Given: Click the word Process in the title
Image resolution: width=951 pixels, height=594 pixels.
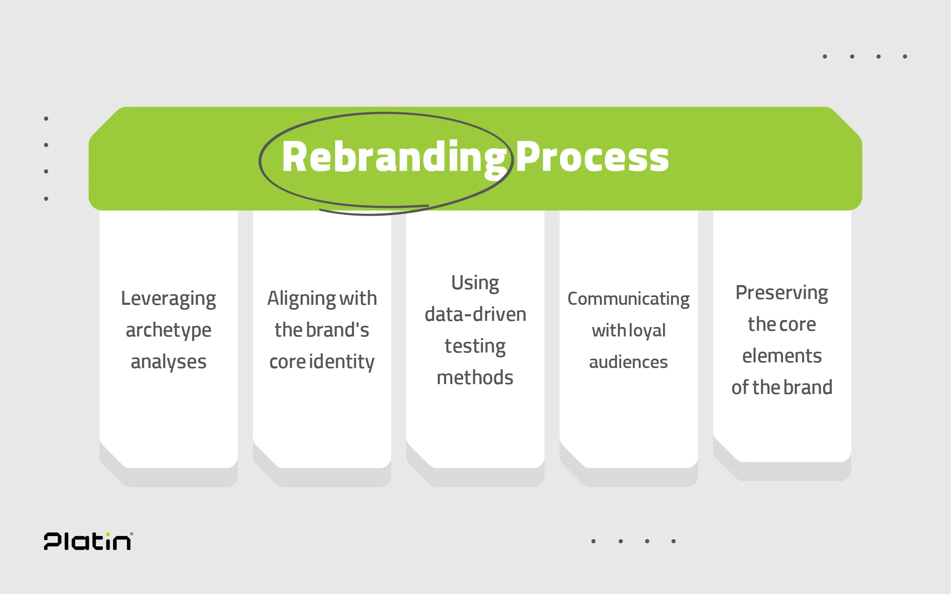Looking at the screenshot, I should click(x=592, y=157).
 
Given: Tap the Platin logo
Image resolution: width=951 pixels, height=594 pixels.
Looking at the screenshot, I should click(x=88, y=541).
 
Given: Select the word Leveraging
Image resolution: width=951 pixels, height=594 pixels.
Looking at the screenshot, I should click(x=168, y=299).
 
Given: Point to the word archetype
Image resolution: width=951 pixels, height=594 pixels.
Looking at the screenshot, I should click(x=168, y=331).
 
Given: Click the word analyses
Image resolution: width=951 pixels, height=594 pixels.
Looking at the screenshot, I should click(x=168, y=362).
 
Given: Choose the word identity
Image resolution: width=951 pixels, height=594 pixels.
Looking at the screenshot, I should click(x=341, y=362).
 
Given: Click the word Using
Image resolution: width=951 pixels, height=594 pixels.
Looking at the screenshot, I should click(x=475, y=283).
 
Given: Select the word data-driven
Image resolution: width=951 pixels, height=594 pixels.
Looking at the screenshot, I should click(x=475, y=315).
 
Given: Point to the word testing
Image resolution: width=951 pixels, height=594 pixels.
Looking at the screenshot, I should click(x=475, y=346).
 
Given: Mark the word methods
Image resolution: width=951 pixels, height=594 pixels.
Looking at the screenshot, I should click(x=475, y=378).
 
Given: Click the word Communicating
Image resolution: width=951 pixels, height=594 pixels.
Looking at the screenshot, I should click(x=628, y=299).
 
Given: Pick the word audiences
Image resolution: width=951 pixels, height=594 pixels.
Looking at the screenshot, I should click(x=628, y=362).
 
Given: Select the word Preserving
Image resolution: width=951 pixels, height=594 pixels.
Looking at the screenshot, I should click(x=781, y=293).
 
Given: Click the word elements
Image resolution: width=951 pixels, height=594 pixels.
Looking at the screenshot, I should click(x=781, y=356).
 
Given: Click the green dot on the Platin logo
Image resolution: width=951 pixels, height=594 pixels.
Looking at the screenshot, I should click(x=108, y=534).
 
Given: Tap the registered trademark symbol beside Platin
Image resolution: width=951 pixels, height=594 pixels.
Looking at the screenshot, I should click(x=131, y=534).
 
